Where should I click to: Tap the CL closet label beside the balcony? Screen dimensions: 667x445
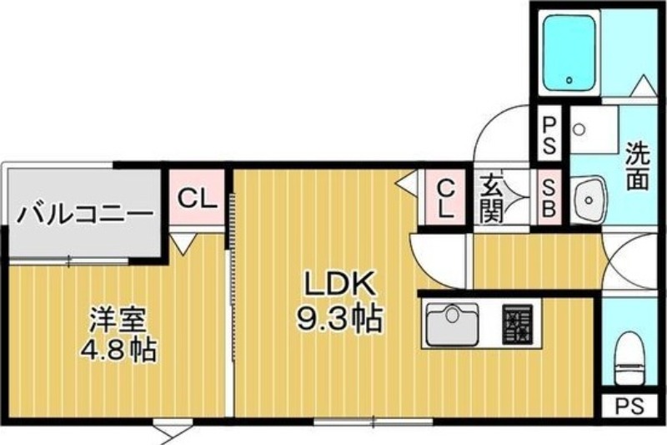(x=197, y=198)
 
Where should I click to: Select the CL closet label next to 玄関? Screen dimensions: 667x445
(x=446, y=198)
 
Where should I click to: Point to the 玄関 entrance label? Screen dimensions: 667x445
(x=491, y=199)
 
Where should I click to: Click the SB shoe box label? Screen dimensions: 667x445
(x=549, y=198)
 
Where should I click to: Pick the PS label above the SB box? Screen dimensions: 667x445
(x=549, y=135)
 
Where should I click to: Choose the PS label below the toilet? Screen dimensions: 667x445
(x=630, y=407)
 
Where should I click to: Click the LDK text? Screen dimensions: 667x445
(x=339, y=283)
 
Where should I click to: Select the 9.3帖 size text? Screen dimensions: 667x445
(x=339, y=318)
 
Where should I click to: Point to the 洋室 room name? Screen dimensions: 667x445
(x=118, y=320)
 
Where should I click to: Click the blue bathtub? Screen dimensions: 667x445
(x=569, y=53)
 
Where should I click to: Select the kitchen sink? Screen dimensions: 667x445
(x=452, y=324)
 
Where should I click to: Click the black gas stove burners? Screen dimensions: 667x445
(x=517, y=324)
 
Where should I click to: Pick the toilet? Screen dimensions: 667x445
(x=630, y=357)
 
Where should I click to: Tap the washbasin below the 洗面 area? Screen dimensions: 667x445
(x=589, y=200)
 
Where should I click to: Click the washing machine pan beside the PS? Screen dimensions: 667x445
(x=594, y=130)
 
